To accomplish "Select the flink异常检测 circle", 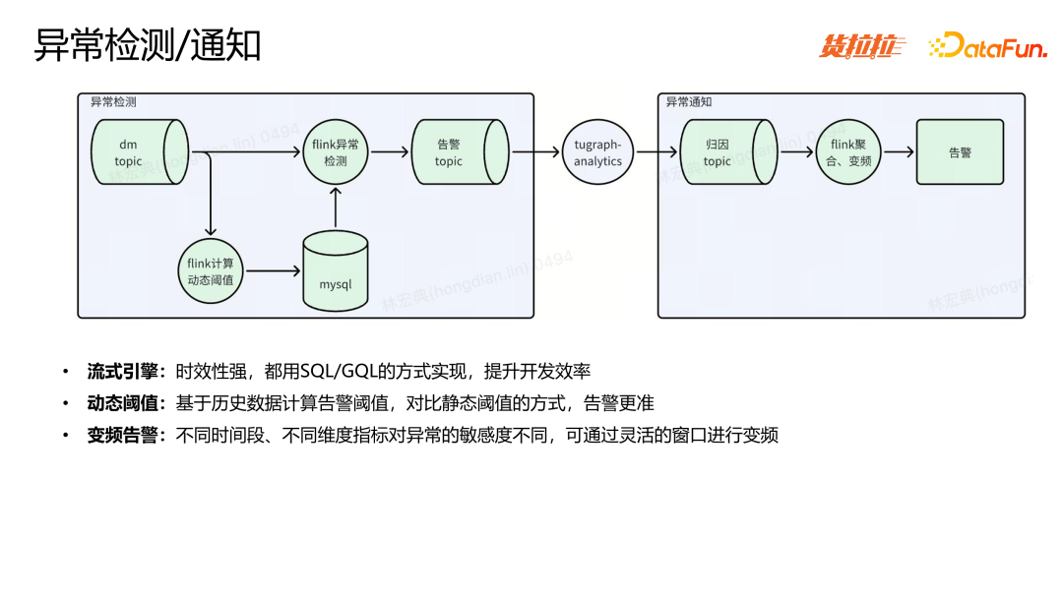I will [336, 152].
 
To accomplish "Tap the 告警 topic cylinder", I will [456, 152].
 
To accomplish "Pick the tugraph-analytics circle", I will [598, 152].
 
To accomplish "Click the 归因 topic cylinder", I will [723, 152].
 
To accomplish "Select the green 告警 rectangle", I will [960, 152].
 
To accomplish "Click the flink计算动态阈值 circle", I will [212, 270].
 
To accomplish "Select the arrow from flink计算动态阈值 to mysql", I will [274, 270].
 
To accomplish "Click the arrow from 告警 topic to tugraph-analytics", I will [534, 152].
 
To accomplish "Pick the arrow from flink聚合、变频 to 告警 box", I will [898, 152].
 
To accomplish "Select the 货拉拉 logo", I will [862, 46].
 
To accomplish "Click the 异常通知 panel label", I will [688, 102].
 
